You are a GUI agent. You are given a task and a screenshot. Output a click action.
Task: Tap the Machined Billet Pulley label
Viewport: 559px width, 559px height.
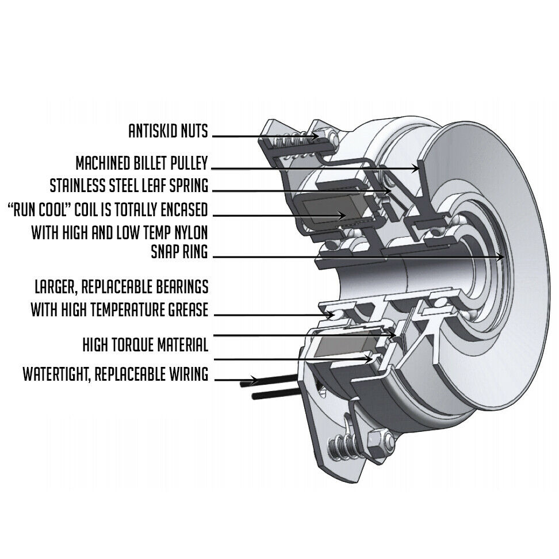pos(141,163)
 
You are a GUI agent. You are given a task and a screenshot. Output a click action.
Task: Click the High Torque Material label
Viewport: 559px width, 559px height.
pos(145,345)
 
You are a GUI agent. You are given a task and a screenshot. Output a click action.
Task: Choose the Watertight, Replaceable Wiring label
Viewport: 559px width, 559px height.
pos(115,375)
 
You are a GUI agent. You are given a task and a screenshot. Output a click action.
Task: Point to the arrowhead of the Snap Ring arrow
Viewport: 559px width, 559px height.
pos(503,258)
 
